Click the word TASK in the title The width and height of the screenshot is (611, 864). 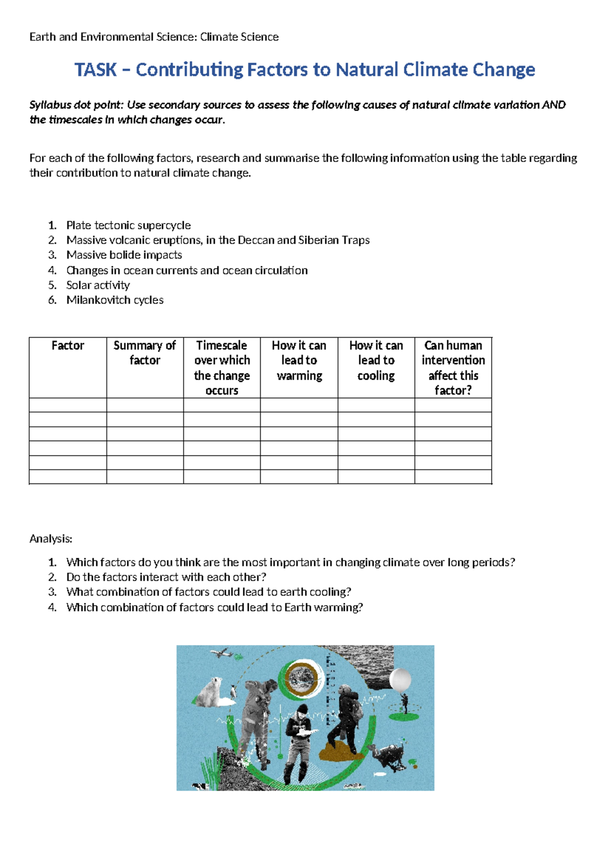[96, 69]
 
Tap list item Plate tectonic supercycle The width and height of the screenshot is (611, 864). [128, 225]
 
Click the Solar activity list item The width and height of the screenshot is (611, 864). [98, 285]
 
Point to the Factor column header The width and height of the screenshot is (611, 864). [68, 345]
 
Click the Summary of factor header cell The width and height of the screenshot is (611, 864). [145, 353]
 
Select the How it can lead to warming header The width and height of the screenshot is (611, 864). [299, 360]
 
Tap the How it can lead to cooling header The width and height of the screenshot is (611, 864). [376, 360]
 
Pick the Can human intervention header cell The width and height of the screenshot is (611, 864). [453, 367]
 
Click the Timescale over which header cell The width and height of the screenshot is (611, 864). [222, 367]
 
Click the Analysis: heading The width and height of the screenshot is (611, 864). [51, 538]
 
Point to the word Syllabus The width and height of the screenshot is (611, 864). [49, 105]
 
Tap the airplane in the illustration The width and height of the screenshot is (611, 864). [221, 653]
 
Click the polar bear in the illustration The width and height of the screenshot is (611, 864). [211, 693]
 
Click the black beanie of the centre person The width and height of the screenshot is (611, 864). [302, 709]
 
